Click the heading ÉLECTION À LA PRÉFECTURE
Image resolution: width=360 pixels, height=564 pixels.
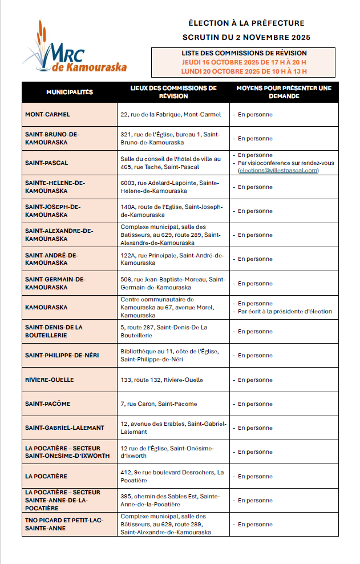pos(246,23)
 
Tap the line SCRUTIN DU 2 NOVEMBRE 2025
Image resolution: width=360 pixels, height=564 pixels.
pos(246,38)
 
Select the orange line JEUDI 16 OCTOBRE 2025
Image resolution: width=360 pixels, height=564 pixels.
pos(244,62)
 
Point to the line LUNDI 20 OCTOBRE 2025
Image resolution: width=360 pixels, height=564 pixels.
pos(244,71)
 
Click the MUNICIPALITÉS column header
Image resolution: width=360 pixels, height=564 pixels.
pos(70,92)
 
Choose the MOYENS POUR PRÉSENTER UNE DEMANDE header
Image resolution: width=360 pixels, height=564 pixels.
pos(284,92)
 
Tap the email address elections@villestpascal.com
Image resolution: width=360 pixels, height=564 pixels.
pos(278,170)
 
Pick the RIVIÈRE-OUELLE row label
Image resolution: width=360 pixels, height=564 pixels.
pos(49,380)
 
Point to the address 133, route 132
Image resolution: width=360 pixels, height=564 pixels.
pos(161,380)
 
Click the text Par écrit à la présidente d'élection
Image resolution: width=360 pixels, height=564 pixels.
pos(285,312)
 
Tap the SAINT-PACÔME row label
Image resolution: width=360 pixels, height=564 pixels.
pos(47,404)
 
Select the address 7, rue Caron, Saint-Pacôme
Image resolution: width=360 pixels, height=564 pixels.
pos(159,404)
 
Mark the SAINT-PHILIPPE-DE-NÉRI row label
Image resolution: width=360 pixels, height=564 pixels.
pos(62,356)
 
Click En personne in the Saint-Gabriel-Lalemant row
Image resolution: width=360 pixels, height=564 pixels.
pos(255,428)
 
